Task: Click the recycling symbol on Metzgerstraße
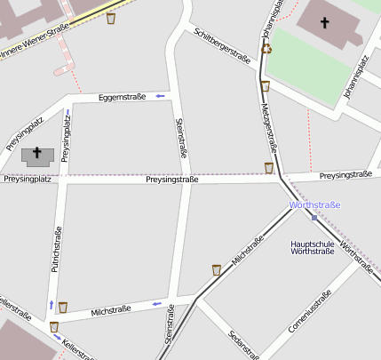[266, 48]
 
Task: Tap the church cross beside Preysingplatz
[37, 155]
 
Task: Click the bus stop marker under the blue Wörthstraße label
[314, 217]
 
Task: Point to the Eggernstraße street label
[122, 96]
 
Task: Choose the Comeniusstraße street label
[310, 312]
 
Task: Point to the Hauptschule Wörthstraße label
[313, 246]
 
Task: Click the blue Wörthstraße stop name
[314, 205]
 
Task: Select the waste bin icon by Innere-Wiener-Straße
[110, 18]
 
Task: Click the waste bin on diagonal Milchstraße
[217, 269]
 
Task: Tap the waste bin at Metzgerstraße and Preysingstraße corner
[268, 167]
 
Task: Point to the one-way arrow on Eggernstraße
[160, 95]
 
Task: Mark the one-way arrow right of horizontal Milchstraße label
[156, 305]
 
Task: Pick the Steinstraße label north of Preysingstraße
[181, 138]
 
